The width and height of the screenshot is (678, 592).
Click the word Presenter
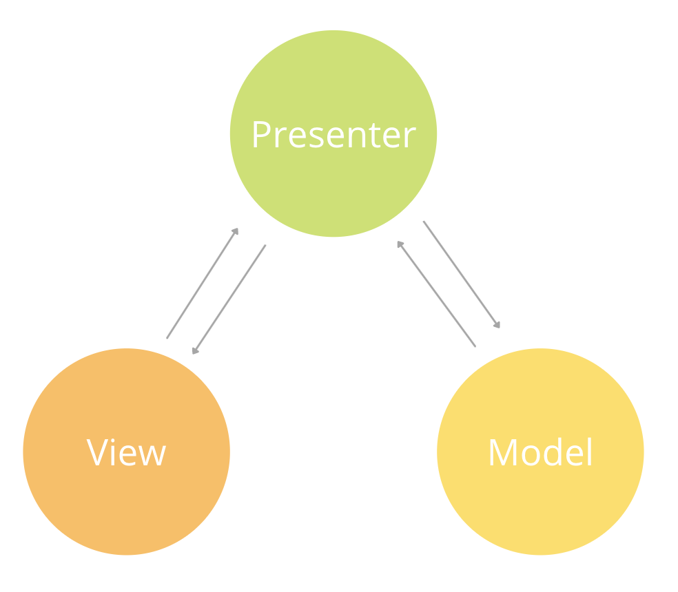coord(333,135)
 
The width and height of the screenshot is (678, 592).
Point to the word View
coord(126,452)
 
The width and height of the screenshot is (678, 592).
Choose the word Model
coord(540,452)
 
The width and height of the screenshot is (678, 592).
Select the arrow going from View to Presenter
coord(202,284)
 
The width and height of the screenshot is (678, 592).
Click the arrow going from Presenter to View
coord(229,299)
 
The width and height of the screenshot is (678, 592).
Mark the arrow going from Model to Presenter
coord(436,294)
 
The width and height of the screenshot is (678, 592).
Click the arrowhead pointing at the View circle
coord(195,351)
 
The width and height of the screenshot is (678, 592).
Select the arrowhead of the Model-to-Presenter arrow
coord(400,244)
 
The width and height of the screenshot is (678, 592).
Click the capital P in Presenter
coord(260,135)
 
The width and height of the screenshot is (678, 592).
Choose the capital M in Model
coord(502,452)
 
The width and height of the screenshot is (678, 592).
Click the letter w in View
coord(152,455)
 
